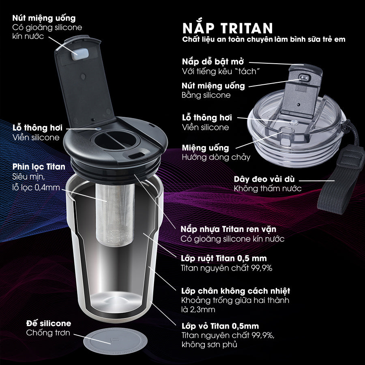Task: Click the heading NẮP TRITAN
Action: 228,28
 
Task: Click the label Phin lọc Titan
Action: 39,167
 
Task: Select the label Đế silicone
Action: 49,323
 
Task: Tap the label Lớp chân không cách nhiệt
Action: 235,291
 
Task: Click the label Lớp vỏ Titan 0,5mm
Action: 220,326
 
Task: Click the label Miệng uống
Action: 205,148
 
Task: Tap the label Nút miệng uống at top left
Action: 44,18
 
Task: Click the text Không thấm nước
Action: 268,189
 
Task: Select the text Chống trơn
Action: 48,333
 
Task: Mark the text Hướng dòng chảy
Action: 216,157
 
